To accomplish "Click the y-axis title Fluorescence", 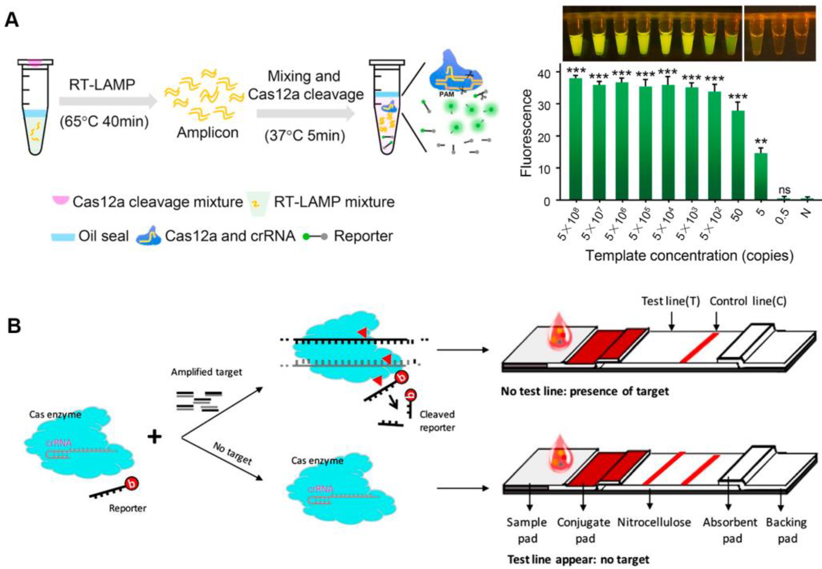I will pos(526,133).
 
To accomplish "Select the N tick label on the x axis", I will pos(806,213).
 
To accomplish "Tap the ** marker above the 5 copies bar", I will pos(761,142).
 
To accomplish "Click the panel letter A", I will pos(12,20).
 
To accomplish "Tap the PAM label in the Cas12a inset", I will pos(446,94).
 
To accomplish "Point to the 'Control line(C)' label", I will pos(748,302).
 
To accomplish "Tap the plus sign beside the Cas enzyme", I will pos(155,437).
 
